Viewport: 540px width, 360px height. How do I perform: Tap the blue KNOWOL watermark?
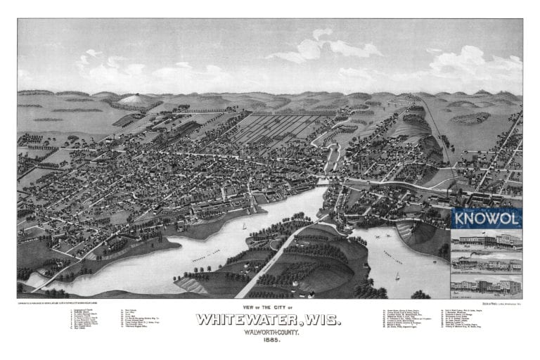click(487, 218)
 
